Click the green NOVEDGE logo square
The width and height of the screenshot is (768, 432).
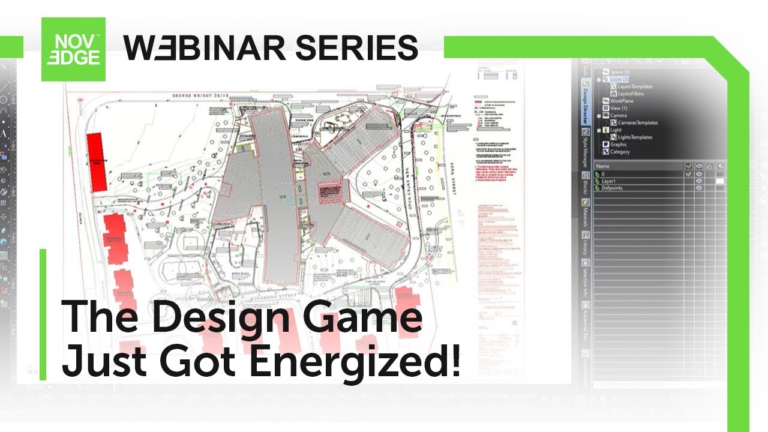(73, 49)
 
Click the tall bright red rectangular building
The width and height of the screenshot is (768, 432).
(97, 163)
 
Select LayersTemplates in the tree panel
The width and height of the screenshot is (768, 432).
(635, 86)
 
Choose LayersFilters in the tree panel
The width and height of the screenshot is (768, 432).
(631, 94)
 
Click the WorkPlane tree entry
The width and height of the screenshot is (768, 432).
(622, 101)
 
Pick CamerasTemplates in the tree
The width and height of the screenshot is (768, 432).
(637, 122)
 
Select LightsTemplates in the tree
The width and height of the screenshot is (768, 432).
(634, 137)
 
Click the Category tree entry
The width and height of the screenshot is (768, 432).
(620, 152)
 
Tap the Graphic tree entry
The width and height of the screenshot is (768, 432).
(619, 144)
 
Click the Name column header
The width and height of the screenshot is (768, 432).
(603, 166)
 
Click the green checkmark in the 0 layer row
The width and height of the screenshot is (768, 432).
(688, 173)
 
